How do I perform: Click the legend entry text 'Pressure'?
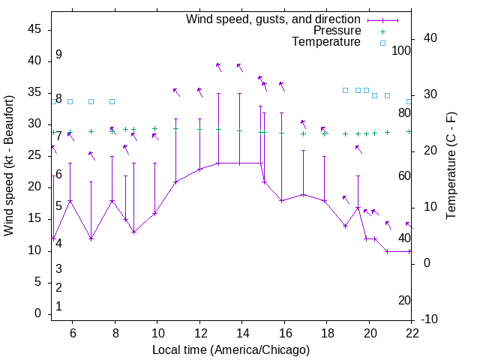point(337,31)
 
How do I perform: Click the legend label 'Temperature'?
point(326,43)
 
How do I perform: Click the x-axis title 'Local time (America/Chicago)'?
point(231,350)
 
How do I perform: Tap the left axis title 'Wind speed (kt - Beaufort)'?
point(10,165)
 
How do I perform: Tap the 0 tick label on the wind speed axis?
point(38,313)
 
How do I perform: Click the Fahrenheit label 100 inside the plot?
point(402,50)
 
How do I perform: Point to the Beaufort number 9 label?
point(58,55)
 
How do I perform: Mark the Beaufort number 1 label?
point(58,306)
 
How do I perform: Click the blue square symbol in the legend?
point(382,43)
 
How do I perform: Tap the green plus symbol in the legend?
point(382,31)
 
